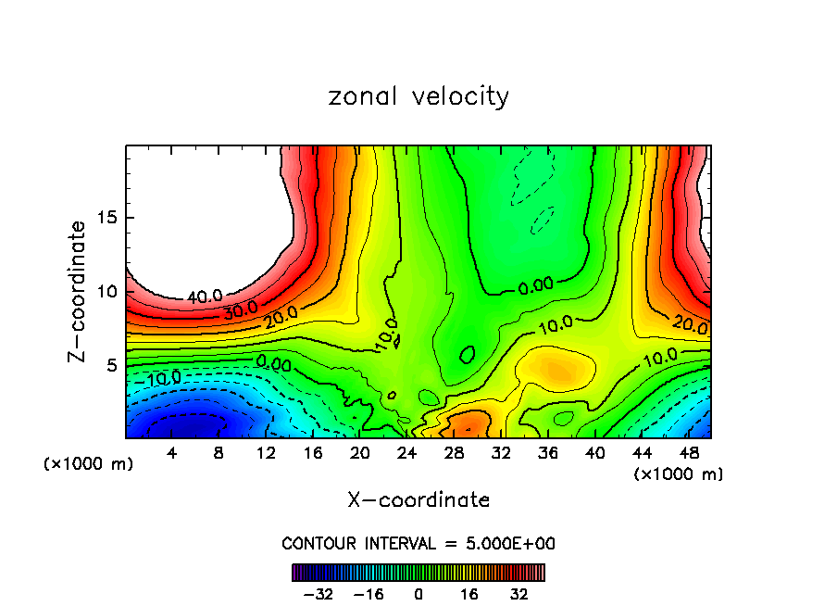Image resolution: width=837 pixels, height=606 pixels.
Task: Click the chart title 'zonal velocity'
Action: (418, 96)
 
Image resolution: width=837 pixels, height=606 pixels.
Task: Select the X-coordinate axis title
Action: (418, 500)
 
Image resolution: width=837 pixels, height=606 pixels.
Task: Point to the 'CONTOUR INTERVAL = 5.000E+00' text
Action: (418, 543)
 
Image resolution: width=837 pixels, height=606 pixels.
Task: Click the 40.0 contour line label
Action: (205, 297)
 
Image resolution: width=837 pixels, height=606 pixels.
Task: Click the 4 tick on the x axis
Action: (171, 453)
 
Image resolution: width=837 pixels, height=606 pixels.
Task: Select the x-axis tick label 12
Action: (266, 453)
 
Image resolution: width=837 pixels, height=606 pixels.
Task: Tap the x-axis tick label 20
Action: (360, 453)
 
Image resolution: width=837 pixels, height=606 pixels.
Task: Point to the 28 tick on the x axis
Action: (454, 453)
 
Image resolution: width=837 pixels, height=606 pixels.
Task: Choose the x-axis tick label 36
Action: (547, 453)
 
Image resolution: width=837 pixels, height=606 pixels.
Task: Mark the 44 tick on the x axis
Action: (642, 453)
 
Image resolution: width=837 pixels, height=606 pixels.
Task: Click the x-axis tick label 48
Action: (689, 453)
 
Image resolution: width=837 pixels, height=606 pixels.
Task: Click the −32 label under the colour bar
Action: (319, 594)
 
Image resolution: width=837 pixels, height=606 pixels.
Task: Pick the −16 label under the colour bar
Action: (369, 594)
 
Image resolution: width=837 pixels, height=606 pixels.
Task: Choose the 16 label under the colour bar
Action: (469, 594)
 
